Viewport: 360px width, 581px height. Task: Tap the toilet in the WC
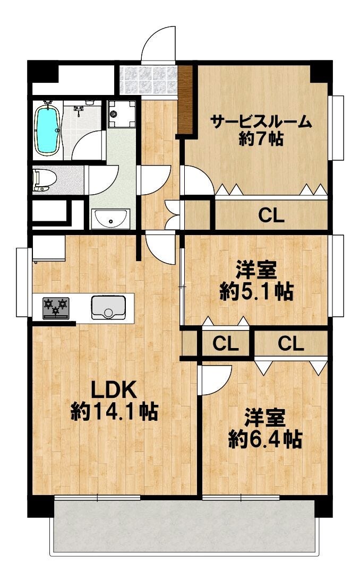(x=44, y=179)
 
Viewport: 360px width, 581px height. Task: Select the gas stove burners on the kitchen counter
(x=56, y=308)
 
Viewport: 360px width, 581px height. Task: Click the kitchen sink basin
(x=108, y=307)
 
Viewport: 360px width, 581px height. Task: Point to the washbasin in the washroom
(x=110, y=218)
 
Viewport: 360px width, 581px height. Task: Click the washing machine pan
(x=122, y=114)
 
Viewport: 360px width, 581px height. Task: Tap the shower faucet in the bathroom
(x=78, y=110)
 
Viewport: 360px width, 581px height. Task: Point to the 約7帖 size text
(x=261, y=139)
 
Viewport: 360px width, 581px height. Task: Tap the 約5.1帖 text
(x=256, y=291)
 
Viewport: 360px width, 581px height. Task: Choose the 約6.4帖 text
(x=265, y=439)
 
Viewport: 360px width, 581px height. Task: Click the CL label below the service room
(x=271, y=215)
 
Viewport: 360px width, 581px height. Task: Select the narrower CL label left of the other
(x=225, y=344)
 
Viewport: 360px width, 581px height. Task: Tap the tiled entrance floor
(x=148, y=81)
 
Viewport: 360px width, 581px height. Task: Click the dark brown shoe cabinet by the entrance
(x=185, y=99)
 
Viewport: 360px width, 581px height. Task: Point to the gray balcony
(x=184, y=526)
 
